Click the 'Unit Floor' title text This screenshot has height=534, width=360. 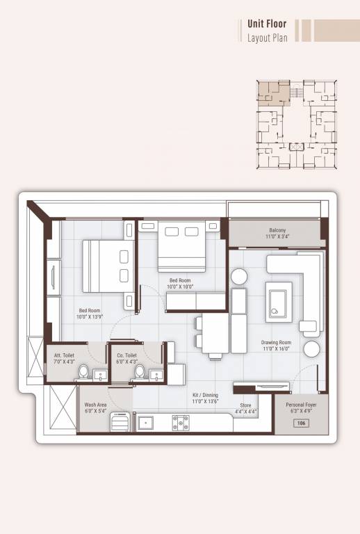[x=267, y=23]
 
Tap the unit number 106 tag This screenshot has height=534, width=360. [x=301, y=423]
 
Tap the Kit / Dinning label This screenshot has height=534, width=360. [x=206, y=398]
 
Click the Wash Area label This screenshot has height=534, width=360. [x=95, y=407]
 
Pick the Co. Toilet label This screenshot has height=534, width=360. [x=126, y=358]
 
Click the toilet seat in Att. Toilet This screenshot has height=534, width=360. [x=83, y=371]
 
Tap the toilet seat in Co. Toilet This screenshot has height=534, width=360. [x=139, y=371]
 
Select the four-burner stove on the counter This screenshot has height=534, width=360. [x=181, y=421]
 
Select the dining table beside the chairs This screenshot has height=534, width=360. [x=216, y=334]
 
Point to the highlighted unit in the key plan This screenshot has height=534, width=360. [x=271, y=93]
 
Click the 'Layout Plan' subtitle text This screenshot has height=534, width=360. [x=267, y=38]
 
